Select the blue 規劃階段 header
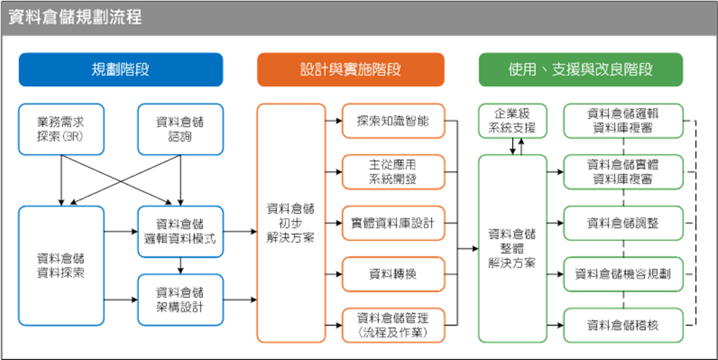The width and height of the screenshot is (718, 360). point(121,69)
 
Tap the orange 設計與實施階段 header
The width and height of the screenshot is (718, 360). point(351,69)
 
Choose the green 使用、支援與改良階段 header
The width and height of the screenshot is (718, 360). point(581,69)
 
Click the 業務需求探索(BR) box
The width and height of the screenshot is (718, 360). point(61,129)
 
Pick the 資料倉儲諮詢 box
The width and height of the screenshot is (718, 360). point(180,129)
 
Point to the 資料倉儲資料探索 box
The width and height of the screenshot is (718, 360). point(61,266)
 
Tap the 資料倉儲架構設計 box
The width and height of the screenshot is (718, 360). point(180,299)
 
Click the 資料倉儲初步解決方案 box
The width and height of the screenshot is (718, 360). point(291,223)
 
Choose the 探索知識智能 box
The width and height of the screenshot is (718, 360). point(393,121)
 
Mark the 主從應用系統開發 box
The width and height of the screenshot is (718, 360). point(393,172)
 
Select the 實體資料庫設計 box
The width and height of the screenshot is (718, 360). point(393,223)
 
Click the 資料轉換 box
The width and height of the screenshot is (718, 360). point(393,275)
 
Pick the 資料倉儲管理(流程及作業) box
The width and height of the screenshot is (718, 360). point(393,325)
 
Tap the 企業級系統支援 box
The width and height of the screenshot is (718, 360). point(512,121)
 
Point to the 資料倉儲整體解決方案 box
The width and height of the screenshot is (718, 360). point(512,248)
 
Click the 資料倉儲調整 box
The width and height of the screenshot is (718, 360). point(623,223)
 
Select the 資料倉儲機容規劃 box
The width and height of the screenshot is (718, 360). point(623,275)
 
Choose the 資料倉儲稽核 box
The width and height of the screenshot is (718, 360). point(623,325)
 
